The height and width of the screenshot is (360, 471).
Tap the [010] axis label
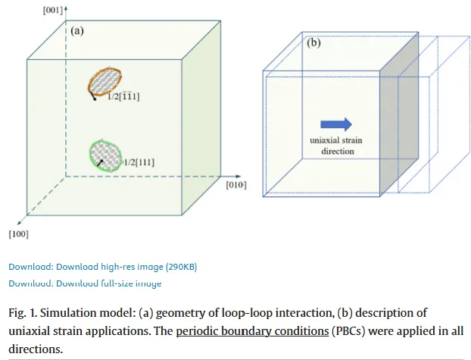[236, 184]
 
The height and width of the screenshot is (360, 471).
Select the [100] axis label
[18, 234]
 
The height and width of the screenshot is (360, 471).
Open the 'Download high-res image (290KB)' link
[102, 266]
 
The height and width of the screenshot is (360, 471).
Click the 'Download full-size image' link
[85, 283]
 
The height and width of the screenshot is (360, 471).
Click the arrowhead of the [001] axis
[66, 8]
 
